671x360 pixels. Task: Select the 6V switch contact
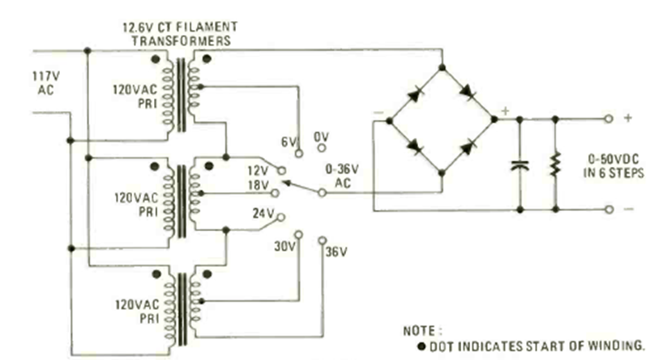pyautogui.click(x=299, y=151)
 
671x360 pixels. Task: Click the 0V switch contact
pyautogui.click(x=322, y=149)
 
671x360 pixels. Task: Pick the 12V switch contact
pyautogui.click(x=281, y=171)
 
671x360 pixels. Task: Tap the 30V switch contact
pyautogui.click(x=298, y=235)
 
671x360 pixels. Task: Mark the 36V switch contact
pyautogui.click(x=322, y=240)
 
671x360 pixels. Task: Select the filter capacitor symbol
pyautogui.click(x=518, y=165)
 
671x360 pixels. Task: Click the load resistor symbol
pyautogui.click(x=555, y=165)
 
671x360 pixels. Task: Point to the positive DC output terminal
pyautogui.click(x=609, y=118)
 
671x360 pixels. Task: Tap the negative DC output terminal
pyautogui.click(x=609, y=209)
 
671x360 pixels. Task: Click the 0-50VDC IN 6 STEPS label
pyautogui.click(x=618, y=165)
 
